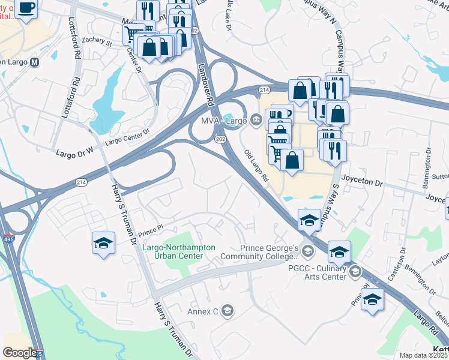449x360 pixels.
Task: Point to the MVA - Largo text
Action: (x=224, y=121)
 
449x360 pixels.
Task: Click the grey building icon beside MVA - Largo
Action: (x=256, y=121)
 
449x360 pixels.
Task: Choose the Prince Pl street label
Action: (x=151, y=228)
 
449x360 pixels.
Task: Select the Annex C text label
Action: (x=203, y=311)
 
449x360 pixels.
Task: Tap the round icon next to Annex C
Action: (x=227, y=311)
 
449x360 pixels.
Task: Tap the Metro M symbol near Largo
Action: (x=35, y=62)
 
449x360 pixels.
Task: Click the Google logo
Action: (x=20, y=353)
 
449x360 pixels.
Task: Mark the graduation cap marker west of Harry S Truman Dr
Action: (x=103, y=244)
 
